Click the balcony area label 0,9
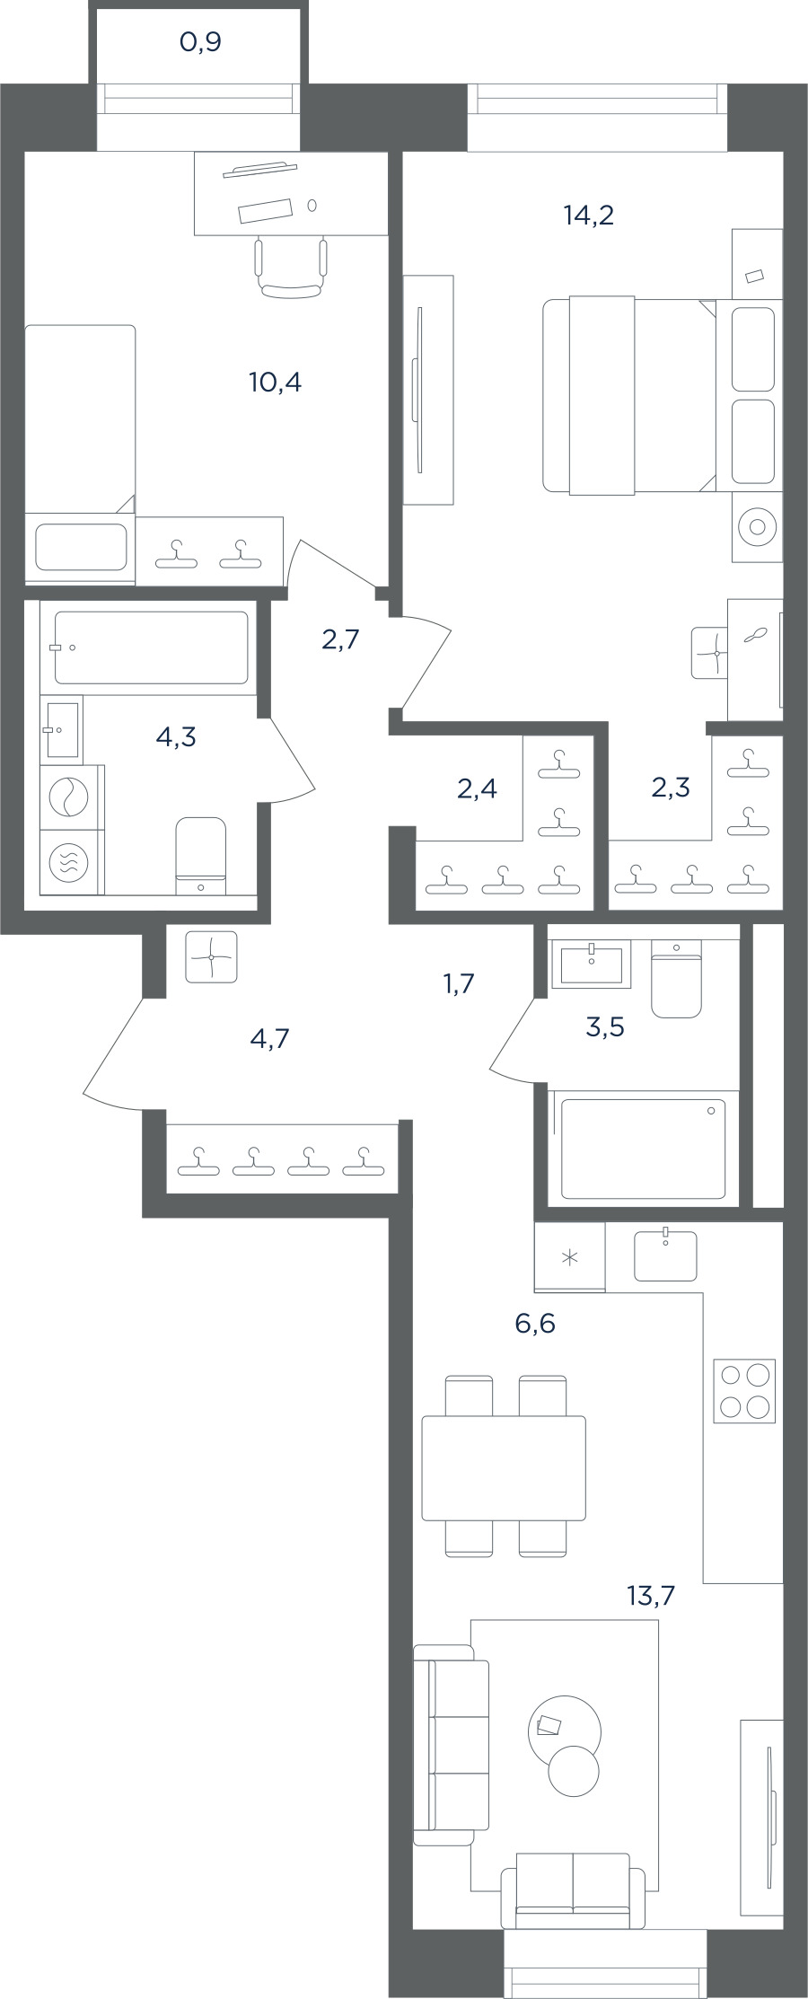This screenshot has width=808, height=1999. pyautogui.click(x=200, y=42)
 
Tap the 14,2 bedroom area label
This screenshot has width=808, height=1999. pyautogui.click(x=589, y=216)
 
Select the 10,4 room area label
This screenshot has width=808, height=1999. pyautogui.click(x=276, y=383)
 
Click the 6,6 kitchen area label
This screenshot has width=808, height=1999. pyautogui.click(x=535, y=1323)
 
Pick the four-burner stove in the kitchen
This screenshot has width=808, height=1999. pyautogui.click(x=744, y=1391)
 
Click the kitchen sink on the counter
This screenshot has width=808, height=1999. pyautogui.click(x=665, y=1255)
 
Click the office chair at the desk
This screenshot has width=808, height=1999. pyautogui.click(x=290, y=267)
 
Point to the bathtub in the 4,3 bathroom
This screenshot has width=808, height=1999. pyautogui.click(x=151, y=647)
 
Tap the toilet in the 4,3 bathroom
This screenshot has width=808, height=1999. pyautogui.click(x=200, y=856)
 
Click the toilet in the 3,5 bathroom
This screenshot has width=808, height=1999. pyautogui.click(x=676, y=979)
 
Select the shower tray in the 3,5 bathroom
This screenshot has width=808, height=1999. pyautogui.click(x=643, y=1149)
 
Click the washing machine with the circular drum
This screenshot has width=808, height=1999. pyautogui.click(x=65, y=797)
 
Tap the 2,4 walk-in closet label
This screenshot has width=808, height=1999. pyautogui.click(x=477, y=788)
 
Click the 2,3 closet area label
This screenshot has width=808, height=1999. pyautogui.click(x=671, y=788)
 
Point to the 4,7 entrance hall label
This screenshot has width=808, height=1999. pyautogui.click(x=270, y=1039)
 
